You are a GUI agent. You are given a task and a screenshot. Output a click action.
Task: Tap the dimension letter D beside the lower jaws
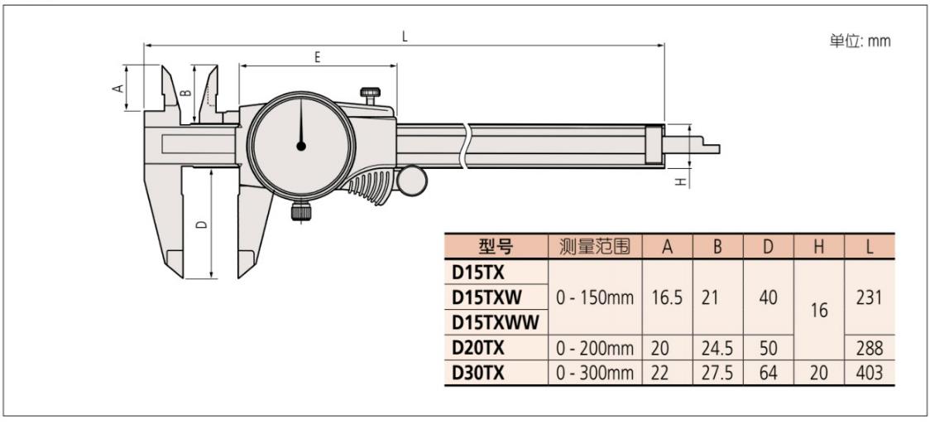click(203, 223)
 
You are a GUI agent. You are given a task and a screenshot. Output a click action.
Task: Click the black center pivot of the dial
click(300, 146)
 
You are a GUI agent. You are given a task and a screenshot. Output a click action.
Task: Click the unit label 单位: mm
click(860, 41)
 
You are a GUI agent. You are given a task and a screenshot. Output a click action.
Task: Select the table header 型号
click(496, 245)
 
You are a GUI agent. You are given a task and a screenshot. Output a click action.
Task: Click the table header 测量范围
click(595, 245)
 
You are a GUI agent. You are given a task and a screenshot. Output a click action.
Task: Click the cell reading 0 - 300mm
click(595, 374)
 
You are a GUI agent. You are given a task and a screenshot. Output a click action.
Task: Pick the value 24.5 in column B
click(717, 349)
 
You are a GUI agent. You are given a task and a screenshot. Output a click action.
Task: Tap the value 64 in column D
click(768, 374)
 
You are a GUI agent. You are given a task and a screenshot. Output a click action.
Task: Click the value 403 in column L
click(869, 374)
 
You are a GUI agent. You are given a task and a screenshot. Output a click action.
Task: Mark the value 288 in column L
click(869, 349)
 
